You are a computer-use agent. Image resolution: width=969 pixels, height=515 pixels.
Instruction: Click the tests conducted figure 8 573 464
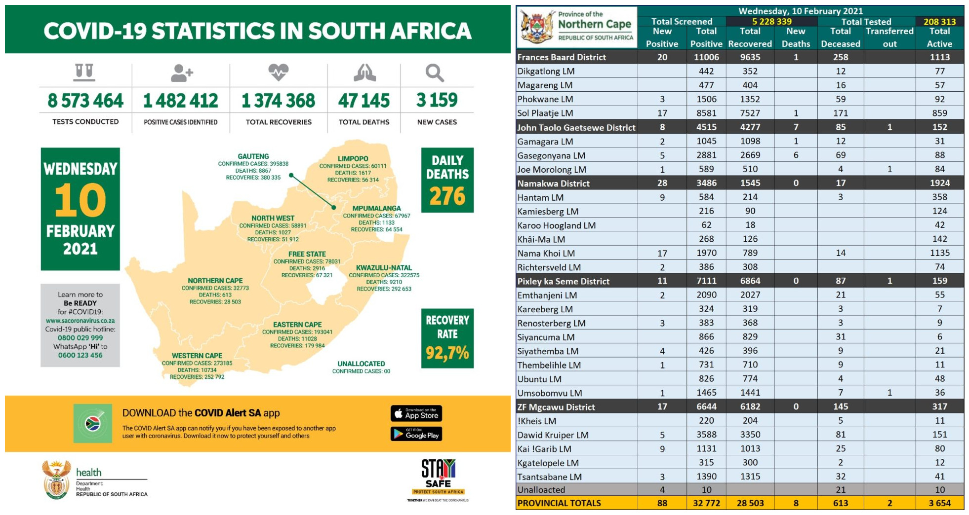coord(85,101)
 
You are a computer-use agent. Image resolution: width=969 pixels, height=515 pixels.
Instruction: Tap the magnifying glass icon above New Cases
coord(435,73)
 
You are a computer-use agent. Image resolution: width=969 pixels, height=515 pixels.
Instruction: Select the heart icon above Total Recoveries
coord(278,72)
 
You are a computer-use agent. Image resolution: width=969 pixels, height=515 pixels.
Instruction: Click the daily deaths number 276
coord(447,196)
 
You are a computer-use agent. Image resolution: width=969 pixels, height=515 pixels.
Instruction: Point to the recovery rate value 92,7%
coord(447,353)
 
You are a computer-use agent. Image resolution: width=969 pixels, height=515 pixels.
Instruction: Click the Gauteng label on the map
coord(253,156)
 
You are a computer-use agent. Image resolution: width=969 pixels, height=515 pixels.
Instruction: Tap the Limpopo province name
coord(353,159)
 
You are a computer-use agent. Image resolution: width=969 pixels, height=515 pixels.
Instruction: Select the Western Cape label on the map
coord(197,356)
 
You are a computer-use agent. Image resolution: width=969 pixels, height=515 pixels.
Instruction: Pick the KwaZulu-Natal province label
coord(384,268)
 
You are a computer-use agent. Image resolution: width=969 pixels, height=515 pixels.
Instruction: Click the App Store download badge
coord(416,413)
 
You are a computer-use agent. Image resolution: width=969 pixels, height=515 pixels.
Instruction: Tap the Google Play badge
coord(416,434)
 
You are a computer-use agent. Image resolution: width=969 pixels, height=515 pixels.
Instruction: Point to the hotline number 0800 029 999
coord(80,338)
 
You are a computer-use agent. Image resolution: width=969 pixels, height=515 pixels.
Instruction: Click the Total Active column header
coord(939,37)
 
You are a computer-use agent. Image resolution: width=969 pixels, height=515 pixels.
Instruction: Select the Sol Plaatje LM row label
coord(545,113)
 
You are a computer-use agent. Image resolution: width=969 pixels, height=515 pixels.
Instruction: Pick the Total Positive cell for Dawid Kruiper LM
coord(706,435)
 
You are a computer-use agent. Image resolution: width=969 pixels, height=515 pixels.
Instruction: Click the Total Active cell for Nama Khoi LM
coord(939,253)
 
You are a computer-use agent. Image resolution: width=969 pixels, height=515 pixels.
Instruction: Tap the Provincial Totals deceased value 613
coord(840,503)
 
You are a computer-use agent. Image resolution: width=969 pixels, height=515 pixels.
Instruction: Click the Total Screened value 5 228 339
coord(771,22)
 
